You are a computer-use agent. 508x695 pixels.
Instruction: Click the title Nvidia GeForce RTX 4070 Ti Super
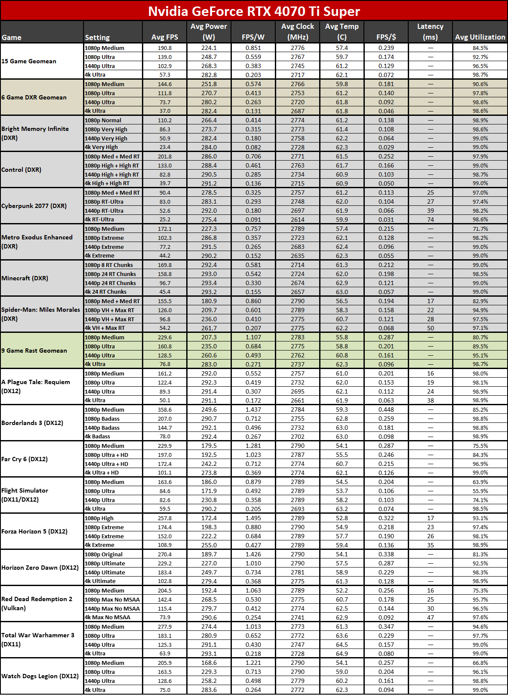[254, 11]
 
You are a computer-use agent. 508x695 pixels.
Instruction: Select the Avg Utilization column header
[480, 37]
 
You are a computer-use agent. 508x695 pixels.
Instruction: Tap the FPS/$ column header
[386, 37]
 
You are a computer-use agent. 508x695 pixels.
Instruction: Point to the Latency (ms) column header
[430, 32]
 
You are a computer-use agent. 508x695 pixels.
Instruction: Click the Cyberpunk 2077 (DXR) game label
[34, 206]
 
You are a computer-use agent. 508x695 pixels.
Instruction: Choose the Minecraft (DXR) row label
[25, 278]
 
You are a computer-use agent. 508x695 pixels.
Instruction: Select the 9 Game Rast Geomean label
[34, 351]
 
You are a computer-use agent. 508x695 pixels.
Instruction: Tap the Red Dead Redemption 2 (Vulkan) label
[37, 603]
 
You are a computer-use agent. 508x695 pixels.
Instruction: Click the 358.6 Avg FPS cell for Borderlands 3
[165, 410]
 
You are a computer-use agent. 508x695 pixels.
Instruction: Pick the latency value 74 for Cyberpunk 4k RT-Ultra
[431, 219]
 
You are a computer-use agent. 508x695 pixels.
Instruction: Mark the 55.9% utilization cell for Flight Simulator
[480, 491]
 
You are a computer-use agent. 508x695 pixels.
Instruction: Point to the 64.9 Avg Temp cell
[342, 653]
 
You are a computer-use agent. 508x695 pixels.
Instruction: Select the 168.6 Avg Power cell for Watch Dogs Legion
[209, 663]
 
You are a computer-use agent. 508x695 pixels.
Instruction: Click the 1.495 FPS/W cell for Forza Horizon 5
[253, 518]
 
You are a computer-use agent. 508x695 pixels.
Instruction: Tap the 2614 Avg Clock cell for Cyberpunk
[297, 219]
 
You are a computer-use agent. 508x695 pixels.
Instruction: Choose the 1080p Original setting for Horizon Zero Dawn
[103, 554]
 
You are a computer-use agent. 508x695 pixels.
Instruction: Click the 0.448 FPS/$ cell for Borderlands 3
[386, 410]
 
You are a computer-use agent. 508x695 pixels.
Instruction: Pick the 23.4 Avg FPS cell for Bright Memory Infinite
[165, 147]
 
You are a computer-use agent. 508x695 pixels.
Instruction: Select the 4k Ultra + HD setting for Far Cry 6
[102, 472]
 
